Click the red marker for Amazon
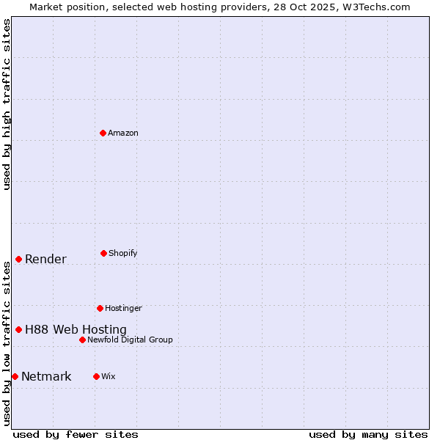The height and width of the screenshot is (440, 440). click(x=103, y=133)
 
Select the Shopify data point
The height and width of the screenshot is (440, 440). click(x=103, y=253)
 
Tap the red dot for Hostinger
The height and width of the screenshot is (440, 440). click(x=100, y=308)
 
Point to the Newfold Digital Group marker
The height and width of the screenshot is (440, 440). click(x=82, y=340)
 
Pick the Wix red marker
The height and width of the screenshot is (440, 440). click(x=96, y=376)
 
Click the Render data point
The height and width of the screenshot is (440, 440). click(x=18, y=259)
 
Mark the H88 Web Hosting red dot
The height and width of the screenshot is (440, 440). click(x=18, y=329)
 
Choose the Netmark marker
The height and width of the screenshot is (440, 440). click(x=15, y=376)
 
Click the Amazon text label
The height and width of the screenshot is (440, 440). click(x=123, y=133)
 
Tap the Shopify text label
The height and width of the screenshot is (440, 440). click(x=123, y=253)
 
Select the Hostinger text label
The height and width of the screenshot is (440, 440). click(x=123, y=308)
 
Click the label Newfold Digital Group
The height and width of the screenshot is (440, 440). click(x=130, y=340)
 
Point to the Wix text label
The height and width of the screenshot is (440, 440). click(x=109, y=376)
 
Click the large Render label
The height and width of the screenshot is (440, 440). click(x=45, y=259)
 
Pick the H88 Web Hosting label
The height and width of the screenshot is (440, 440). click(x=76, y=329)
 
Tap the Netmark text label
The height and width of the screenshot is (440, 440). click(x=46, y=377)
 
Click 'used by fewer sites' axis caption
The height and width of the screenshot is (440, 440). click(x=76, y=434)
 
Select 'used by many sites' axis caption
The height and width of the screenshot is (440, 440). click(x=368, y=434)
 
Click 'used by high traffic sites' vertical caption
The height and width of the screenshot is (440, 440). click(x=7, y=104)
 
